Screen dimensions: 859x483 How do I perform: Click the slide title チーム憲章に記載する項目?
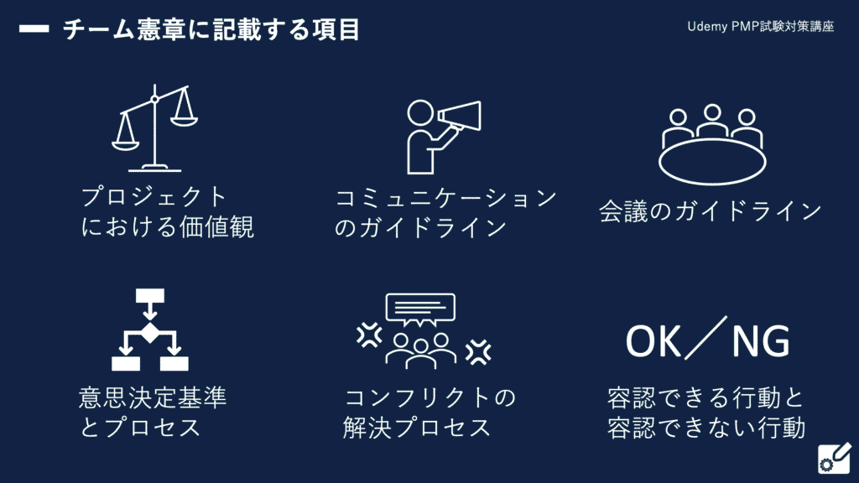[x=211, y=29]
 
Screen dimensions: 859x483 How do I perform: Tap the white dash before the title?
[x=34, y=29]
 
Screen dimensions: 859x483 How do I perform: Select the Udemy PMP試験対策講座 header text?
[x=760, y=26]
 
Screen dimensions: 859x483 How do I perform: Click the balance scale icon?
[x=155, y=128]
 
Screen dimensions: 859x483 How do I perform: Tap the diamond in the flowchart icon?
[x=150, y=332]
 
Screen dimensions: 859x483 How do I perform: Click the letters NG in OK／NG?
[x=760, y=341]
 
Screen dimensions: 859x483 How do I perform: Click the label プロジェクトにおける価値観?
[x=168, y=211]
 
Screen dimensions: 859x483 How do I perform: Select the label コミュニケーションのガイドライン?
[x=445, y=212]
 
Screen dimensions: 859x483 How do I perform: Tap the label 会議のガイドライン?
[x=710, y=210]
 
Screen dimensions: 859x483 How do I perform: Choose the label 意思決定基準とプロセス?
[x=153, y=412]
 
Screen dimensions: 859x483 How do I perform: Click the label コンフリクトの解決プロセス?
[x=429, y=412]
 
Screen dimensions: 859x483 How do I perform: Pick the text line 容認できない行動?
[x=706, y=427]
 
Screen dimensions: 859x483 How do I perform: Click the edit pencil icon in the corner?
[x=835, y=459]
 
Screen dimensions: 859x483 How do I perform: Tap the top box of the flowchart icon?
[x=150, y=296]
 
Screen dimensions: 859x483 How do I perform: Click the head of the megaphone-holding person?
[x=421, y=113]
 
